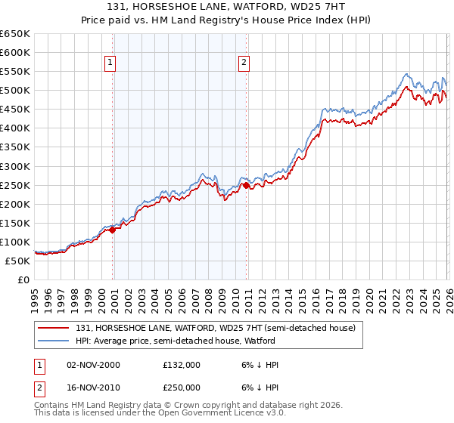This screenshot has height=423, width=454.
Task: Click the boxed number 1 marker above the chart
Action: click(x=111, y=63)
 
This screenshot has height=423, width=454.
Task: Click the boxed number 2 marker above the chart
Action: click(x=244, y=63)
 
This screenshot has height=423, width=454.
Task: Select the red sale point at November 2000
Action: click(x=113, y=230)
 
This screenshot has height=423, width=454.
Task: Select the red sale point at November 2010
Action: click(x=247, y=185)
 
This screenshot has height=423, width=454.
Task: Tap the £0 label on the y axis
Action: click(x=24, y=280)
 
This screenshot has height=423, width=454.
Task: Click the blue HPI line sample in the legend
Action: click(x=54, y=341)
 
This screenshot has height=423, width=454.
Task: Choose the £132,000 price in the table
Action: click(x=182, y=365)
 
